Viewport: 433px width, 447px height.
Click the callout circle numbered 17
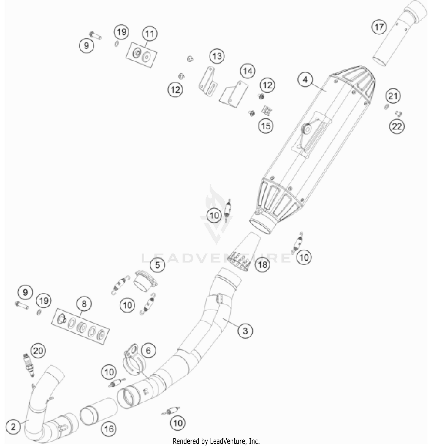[x=379, y=27]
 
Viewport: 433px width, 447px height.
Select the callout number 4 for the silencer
[x=305, y=79]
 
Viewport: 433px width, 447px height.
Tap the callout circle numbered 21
[x=393, y=96]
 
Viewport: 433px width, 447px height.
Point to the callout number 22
[x=397, y=126]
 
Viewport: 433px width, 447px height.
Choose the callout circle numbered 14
[x=248, y=71]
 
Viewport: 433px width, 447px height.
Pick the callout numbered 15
[x=266, y=126]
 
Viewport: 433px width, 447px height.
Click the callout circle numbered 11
[x=150, y=34]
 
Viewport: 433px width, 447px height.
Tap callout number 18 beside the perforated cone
[x=262, y=264]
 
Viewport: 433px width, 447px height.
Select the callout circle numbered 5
[x=158, y=265]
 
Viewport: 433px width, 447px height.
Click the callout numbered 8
[x=84, y=304]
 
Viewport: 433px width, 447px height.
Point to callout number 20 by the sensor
[x=38, y=351]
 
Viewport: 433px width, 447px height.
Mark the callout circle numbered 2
[x=13, y=427]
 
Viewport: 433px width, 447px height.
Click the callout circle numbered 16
[x=109, y=429]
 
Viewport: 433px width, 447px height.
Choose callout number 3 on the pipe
[x=245, y=330]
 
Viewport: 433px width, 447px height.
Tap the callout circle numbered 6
[x=148, y=350]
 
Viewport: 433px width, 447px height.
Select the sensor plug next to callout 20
[x=29, y=366]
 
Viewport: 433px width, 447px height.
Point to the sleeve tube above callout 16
[x=99, y=411]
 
